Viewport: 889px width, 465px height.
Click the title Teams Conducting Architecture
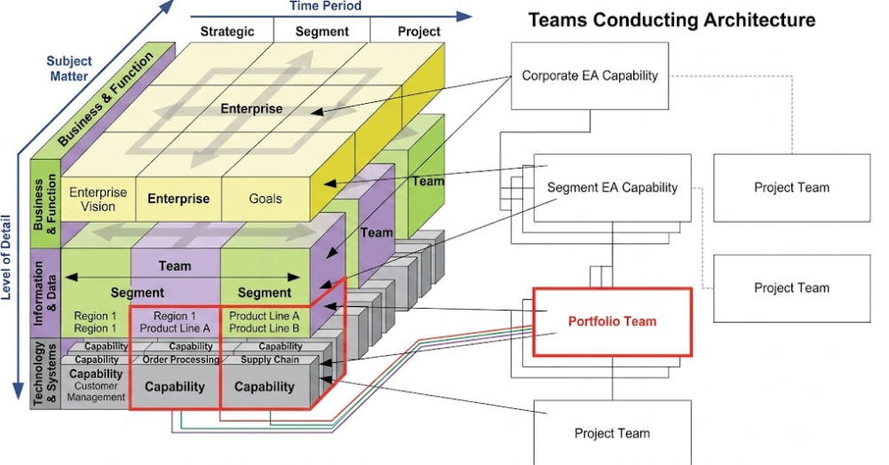[671, 20]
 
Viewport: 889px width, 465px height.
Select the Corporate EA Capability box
[590, 76]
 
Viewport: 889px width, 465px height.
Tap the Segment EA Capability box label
[612, 187]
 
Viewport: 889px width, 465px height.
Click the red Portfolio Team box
[612, 322]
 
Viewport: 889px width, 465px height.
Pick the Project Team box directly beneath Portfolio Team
[612, 433]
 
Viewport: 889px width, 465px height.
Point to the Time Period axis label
[325, 6]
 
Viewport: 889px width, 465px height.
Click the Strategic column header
[227, 32]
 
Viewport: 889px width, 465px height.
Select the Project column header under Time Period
[419, 32]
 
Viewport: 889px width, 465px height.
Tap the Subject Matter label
[68, 68]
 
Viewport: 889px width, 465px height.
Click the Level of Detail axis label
[6, 256]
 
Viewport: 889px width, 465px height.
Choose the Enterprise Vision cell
[98, 200]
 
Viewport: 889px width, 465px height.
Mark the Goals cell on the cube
[266, 199]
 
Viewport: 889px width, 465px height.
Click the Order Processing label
[181, 359]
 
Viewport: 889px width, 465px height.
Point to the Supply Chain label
[270, 359]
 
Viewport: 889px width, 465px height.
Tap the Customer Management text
[96, 391]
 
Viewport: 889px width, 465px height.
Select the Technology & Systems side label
[45, 374]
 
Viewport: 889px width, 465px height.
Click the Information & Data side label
[45, 294]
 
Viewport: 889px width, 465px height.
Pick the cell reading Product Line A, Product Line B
[264, 322]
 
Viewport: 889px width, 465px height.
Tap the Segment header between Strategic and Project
[322, 32]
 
